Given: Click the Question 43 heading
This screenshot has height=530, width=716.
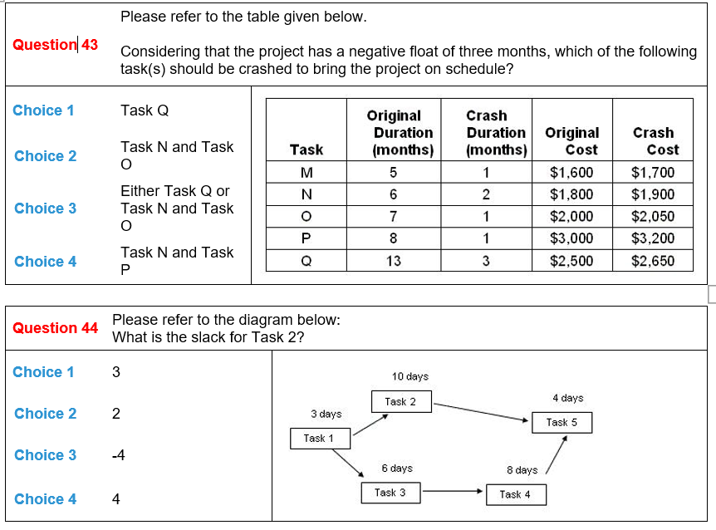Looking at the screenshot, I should pos(55,45).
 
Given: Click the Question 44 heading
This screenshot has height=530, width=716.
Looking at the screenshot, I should pos(55,328).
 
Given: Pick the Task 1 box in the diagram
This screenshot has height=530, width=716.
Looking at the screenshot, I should pos(319,439).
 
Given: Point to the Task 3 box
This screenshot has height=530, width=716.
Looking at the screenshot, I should pos(390,493).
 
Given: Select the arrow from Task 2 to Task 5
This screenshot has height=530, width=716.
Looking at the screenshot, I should pos(482,412).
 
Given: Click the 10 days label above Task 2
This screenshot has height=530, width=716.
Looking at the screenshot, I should pos(410,376).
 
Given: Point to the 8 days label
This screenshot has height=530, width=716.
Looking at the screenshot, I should pos(522,470).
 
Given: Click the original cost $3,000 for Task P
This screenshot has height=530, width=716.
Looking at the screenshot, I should pos(571,238).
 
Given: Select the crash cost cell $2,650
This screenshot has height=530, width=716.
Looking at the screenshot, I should pos(653,261).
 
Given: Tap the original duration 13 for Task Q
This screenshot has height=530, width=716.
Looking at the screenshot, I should pos(393,261).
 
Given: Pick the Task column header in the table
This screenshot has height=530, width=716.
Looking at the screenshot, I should pos(307,150).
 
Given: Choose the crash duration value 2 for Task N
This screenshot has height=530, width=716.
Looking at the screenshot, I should pos(487,195).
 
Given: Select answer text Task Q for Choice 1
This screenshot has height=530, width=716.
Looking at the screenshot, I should pos(145,110).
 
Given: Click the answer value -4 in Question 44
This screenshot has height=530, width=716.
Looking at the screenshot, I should pos(120,455).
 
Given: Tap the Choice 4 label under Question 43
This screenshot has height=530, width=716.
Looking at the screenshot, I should pos(45,262).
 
